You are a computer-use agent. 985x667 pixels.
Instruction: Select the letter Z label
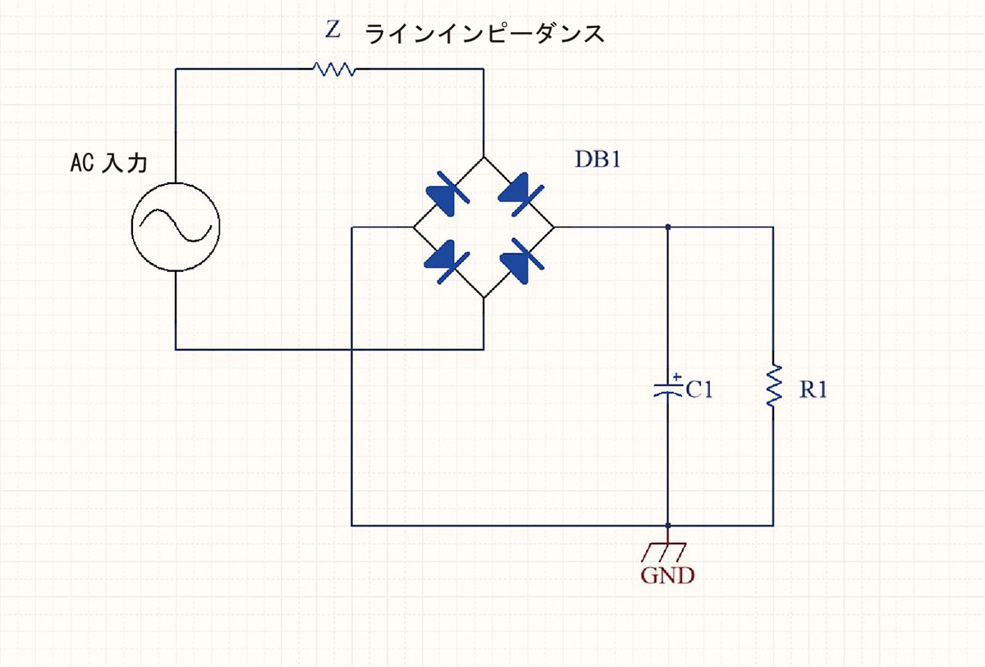[x=332, y=31]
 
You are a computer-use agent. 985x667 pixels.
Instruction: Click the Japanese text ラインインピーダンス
[x=484, y=34]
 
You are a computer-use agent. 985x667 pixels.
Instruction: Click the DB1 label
[x=598, y=159]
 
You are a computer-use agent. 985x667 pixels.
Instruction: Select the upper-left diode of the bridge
[x=447, y=195]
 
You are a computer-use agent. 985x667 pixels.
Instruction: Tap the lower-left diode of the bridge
[x=447, y=261]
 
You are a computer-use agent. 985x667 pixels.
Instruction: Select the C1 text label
[x=699, y=390]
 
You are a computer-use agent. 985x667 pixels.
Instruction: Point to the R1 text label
[x=813, y=390]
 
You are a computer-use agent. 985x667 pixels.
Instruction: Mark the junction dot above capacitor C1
[x=668, y=227]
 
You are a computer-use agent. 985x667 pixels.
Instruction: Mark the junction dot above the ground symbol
[x=668, y=525]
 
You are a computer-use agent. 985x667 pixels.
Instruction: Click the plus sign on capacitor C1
[x=676, y=379]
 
